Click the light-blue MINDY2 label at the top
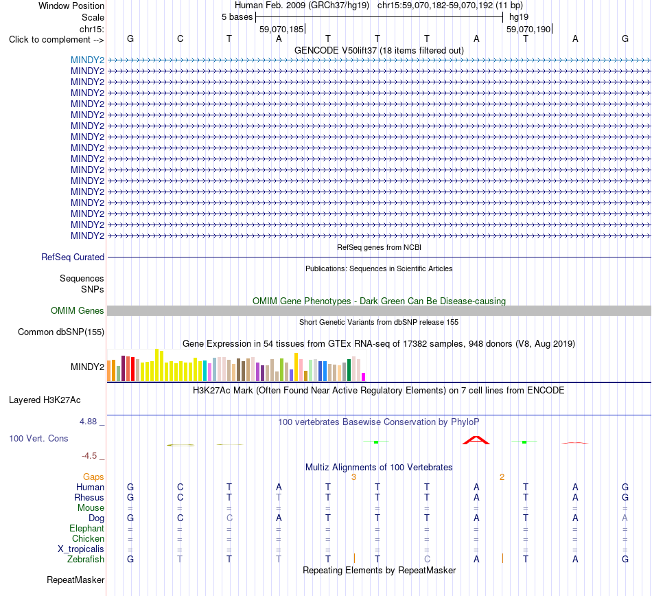tap(87, 60)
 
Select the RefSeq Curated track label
tap(73, 257)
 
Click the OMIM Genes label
tap(78, 310)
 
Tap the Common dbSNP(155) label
tap(61, 332)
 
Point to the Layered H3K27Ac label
tap(45, 400)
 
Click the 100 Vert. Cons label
tap(38, 438)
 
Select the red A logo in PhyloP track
tap(476, 440)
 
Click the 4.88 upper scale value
tap(88, 422)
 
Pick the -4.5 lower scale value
tap(89, 456)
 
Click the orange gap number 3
tap(353, 477)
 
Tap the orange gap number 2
tap(502, 477)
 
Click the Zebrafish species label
tap(86, 560)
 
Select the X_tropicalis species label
tap(81, 549)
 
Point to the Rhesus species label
tap(89, 497)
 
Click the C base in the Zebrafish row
tap(427, 560)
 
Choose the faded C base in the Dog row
tap(229, 518)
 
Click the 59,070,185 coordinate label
tap(281, 29)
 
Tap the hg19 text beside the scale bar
tap(519, 17)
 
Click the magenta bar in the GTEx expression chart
tap(364, 377)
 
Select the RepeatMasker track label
tap(75, 580)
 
